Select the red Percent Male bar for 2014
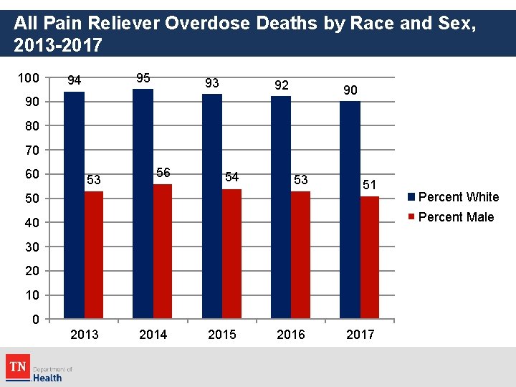pos(163,251)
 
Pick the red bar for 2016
pos(300,254)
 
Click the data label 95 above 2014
pos(143,78)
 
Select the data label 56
pos(163,173)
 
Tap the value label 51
pos(369,185)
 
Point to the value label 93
pos(212,83)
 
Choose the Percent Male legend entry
pos(451,217)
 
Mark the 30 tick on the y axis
pos(32,247)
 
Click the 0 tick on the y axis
pos(36,320)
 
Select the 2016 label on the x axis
pos(290,335)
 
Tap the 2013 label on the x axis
pos(85,335)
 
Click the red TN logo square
pos(17,366)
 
